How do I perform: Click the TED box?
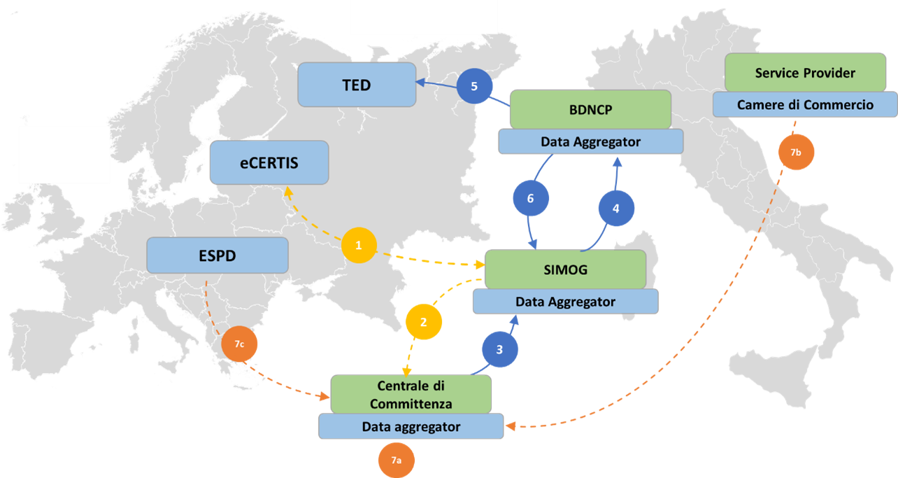pos(357,85)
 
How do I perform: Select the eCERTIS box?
pos(269,162)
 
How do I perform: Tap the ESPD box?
pos(217,255)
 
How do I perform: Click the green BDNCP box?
pos(590,108)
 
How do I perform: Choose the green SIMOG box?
pos(564,269)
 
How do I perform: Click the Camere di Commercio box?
pos(805,105)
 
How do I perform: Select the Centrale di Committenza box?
pos(411,395)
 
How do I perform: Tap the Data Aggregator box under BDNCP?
pos(590,141)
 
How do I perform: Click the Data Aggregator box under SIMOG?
pos(565,302)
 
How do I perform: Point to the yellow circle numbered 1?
pos(359,246)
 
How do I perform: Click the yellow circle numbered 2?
pos(423,322)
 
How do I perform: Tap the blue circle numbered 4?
pos(615,208)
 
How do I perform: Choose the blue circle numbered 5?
pos(474,87)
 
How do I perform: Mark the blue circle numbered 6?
pos(529,199)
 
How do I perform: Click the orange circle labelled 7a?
pos(396,460)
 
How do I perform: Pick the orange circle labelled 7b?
pos(796,152)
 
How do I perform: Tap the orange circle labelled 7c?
pos(238,344)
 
